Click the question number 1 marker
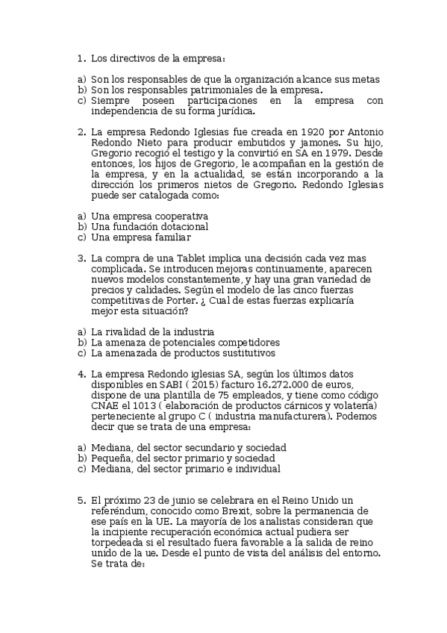pos(81,58)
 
